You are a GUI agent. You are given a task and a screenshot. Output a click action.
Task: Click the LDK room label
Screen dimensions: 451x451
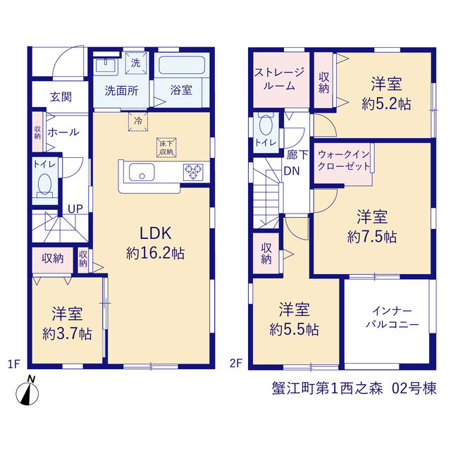(x=155, y=233)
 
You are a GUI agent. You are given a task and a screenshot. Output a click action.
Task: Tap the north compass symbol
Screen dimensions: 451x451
(x=27, y=391)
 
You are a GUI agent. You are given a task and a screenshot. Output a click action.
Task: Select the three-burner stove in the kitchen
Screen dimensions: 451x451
(x=193, y=172)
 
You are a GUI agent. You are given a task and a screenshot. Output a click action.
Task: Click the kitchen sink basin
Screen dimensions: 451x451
(x=142, y=172)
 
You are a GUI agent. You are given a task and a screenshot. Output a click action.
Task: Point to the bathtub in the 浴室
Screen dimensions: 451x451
(x=182, y=66)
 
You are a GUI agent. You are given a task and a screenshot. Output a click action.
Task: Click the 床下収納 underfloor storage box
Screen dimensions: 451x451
(x=166, y=148)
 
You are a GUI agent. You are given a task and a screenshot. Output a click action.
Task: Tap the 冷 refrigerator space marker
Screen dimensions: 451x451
(x=138, y=121)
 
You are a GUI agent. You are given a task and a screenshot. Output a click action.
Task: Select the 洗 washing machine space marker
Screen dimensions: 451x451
(x=136, y=63)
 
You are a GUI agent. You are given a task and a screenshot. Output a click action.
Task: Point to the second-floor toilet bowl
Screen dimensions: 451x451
(x=266, y=124)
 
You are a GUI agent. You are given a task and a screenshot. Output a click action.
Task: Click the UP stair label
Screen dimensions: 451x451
(x=75, y=209)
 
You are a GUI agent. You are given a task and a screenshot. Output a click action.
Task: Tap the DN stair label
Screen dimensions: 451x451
(x=292, y=171)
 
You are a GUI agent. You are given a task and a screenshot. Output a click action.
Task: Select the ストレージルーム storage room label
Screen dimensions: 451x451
(x=279, y=79)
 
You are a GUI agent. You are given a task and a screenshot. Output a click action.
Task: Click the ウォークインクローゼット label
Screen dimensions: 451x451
(x=344, y=161)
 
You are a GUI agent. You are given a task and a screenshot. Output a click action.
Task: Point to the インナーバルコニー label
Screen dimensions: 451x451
(x=392, y=318)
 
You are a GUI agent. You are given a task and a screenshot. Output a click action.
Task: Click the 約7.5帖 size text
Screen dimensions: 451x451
(x=372, y=237)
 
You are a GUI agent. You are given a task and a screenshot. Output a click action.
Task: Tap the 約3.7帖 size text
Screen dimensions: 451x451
(x=67, y=334)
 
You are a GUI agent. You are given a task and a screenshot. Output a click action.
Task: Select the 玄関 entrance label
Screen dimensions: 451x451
(x=61, y=97)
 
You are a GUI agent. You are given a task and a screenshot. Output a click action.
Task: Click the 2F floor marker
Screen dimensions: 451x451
(x=236, y=364)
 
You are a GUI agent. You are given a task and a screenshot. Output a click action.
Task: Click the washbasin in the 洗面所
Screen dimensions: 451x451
(x=105, y=66)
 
